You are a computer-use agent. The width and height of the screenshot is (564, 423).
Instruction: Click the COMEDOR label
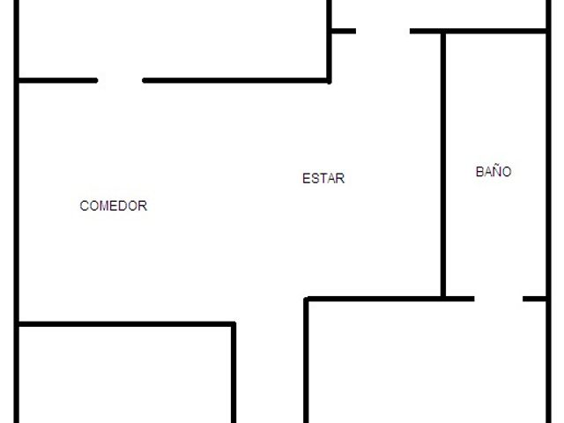(114, 205)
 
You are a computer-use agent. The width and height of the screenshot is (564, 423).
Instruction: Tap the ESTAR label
(323, 178)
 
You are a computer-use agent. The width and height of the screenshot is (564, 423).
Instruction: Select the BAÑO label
(493, 171)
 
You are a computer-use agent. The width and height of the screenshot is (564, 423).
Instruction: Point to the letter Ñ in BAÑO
(495, 170)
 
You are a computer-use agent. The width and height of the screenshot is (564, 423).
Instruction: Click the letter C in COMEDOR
(84, 205)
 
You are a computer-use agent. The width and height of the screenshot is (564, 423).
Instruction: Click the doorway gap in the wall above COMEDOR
(120, 80)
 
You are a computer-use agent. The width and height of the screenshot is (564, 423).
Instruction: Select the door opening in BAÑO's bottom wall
(499, 299)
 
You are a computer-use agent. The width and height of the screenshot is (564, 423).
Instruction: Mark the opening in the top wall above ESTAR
(383, 32)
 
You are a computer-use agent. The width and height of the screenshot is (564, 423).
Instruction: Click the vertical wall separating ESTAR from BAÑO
(443, 165)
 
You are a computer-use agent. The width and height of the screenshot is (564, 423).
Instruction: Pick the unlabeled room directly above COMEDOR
(173, 39)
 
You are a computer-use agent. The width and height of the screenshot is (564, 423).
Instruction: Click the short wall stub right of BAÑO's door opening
(534, 299)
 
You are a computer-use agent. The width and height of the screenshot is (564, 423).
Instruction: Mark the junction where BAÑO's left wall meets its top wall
(443, 32)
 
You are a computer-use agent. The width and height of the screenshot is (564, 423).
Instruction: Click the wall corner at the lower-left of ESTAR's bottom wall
(306, 299)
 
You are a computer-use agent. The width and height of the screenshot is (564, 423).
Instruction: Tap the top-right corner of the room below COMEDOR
(234, 324)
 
